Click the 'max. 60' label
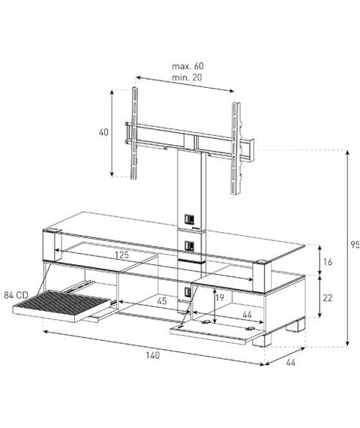pyautogui.click(x=187, y=66)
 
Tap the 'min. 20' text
pyautogui.click(x=187, y=77)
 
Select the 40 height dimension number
pyautogui.click(x=103, y=132)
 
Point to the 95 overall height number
pyautogui.click(x=355, y=245)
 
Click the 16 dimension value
pyautogui.click(x=328, y=262)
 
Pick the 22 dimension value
pyautogui.click(x=328, y=298)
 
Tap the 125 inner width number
pyautogui.click(x=121, y=255)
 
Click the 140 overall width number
pyautogui.click(x=153, y=355)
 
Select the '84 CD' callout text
pyautogui.click(x=16, y=295)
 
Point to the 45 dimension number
pyautogui.click(x=162, y=301)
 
